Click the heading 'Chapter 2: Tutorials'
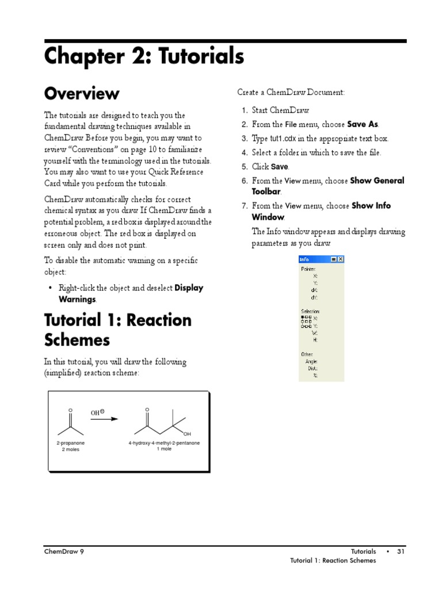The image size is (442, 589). coord(144,56)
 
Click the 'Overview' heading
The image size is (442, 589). coord(82,93)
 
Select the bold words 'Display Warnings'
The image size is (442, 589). coord(188,288)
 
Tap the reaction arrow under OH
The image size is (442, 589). coord(104,419)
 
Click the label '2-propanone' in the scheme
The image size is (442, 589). coord(71,443)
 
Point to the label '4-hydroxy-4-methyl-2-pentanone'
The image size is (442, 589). coord(164,443)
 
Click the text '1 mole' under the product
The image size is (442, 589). coord(164,449)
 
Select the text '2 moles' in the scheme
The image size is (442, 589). coord(71,449)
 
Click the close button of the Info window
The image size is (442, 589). coord(340,259)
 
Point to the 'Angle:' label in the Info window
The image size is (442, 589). coord(311,361)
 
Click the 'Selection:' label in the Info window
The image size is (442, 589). coord(310,311)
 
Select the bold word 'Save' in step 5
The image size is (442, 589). coord(279,167)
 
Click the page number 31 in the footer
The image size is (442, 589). coord(401,552)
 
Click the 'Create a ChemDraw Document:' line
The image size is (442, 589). coord(291,92)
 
